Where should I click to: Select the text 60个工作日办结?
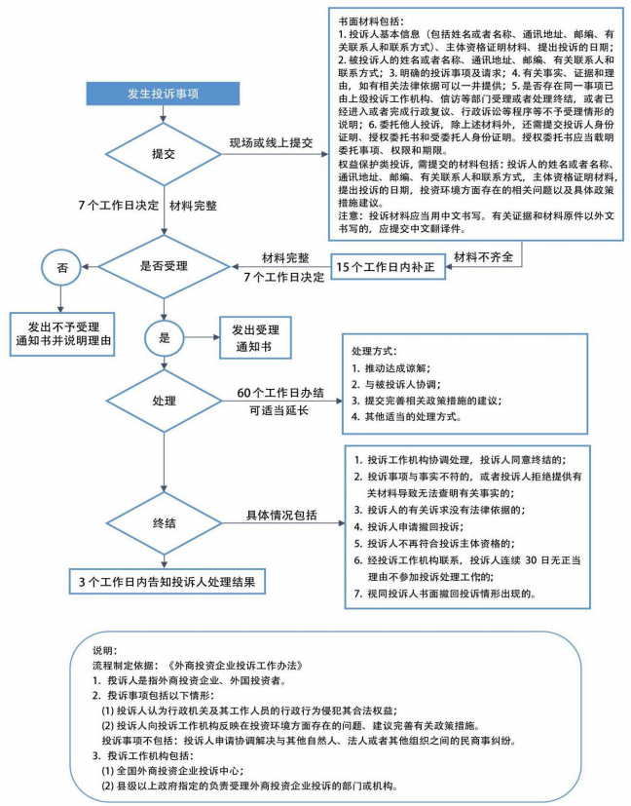280,393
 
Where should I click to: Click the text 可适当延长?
280,411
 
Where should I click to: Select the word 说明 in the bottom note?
101,648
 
